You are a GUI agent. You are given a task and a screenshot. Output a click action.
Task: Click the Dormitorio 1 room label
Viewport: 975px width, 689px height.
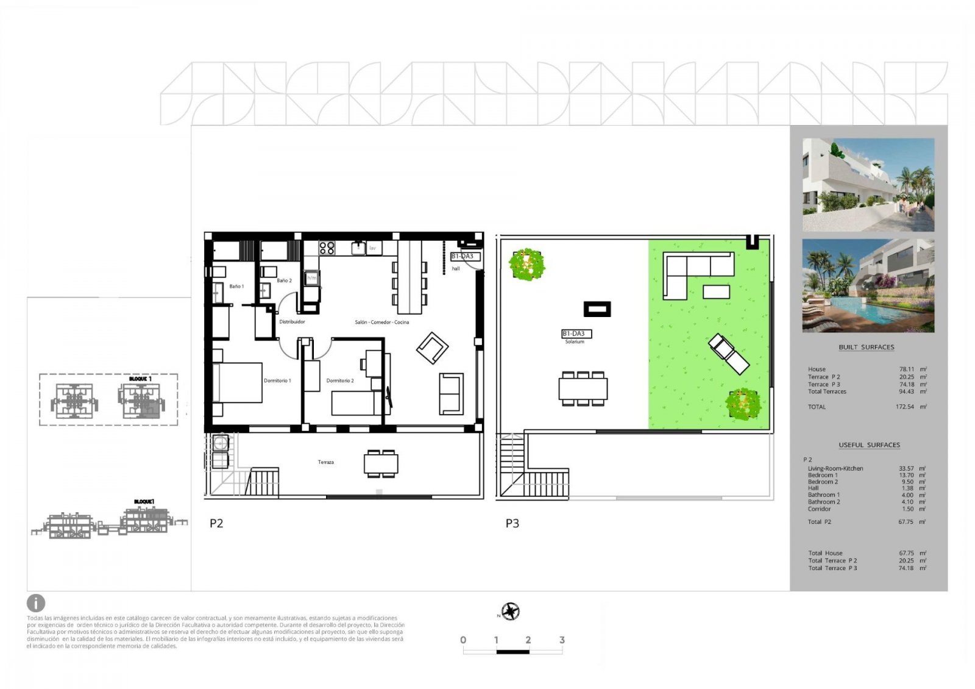(x=277, y=380)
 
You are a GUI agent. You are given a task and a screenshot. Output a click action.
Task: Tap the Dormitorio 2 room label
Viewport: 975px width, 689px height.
(x=340, y=380)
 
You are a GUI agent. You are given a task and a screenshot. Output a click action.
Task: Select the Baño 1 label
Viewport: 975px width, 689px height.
(x=236, y=286)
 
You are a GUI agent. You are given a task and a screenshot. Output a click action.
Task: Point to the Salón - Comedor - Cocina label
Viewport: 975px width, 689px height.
(x=382, y=322)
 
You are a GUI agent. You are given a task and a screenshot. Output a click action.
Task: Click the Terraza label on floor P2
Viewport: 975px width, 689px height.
(x=326, y=462)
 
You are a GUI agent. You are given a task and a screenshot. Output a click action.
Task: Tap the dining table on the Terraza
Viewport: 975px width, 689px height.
(x=381, y=463)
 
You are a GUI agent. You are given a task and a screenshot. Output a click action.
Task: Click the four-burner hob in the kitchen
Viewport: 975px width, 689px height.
(x=327, y=248)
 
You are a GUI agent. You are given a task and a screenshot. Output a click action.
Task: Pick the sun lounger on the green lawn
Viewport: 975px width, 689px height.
(x=729, y=354)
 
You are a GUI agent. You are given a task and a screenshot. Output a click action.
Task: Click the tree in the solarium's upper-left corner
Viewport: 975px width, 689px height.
(x=526, y=264)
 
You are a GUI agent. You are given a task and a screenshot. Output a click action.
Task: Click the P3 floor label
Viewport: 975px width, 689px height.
(x=512, y=523)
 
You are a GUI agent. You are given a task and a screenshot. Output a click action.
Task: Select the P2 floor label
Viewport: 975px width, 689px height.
(x=216, y=523)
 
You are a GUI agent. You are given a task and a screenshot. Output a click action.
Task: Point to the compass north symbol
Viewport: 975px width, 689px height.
(x=510, y=612)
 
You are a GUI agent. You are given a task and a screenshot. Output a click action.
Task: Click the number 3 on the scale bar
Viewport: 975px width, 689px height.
(x=562, y=640)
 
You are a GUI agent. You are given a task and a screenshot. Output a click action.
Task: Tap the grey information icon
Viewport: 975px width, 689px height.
(x=36, y=603)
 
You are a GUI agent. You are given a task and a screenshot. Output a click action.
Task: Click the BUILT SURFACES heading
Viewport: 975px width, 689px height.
(x=867, y=347)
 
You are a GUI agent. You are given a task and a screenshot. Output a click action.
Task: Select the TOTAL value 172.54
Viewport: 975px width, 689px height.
(x=905, y=407)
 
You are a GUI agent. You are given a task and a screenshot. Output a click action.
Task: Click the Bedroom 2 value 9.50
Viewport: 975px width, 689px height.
(x=907, y=482)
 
